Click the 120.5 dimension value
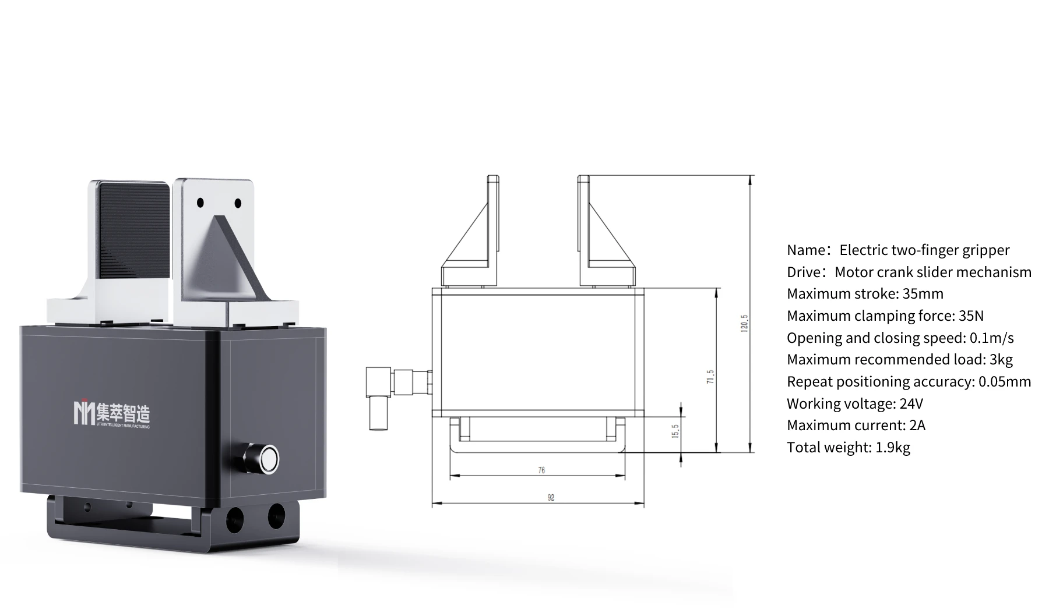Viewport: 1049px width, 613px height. pyautogui.click(x=744, y=323)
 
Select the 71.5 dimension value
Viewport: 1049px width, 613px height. pyautogui.click(x=710, y=377)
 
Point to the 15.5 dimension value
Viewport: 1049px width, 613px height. pyautogui.click(x=675, y=431)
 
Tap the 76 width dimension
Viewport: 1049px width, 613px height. pyautogui.click(x=541, y=470)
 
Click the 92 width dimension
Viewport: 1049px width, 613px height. pyautogui.click(x=551, y=498)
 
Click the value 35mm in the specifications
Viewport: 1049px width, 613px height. pyautogui.click(x=923, y=294)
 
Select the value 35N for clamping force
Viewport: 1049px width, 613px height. pyautogui.click(x=971, y=316)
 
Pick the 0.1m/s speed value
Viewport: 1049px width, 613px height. pyautogui.click(x=991, y=338)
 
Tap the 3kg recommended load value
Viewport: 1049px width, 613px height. pyautogui.click(x=1001, y=360)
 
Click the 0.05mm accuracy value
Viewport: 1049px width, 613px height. pyautogui.click(x=1005, y=382)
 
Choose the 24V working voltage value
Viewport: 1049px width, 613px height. pyautogui.click(x=911, y=404)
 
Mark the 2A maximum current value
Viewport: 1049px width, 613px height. pyautogui.click(x=917, y=426)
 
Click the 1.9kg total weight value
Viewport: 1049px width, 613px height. pyautogui.click(x=892, y=448)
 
